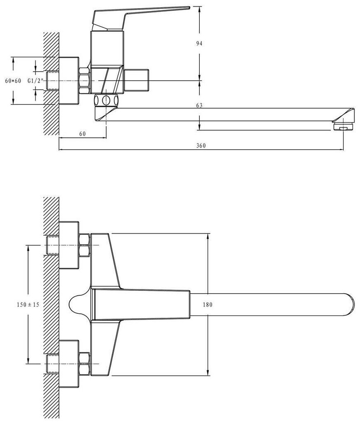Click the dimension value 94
pos(199,44)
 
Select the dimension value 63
pos(199,105)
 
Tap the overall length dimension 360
pos(201,146)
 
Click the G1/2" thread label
pos(35,81)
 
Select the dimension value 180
pos(208,305)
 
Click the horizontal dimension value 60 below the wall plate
pos(83,134)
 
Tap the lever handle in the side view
pos(140,14)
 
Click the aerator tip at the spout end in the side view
pos(343,126)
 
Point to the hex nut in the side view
pos(84,80)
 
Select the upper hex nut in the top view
pos(84,244)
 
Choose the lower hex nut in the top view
pos(84,364)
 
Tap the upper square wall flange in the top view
pos(69,245)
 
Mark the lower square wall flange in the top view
pos(69,364)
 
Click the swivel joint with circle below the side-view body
pos(106,100)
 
